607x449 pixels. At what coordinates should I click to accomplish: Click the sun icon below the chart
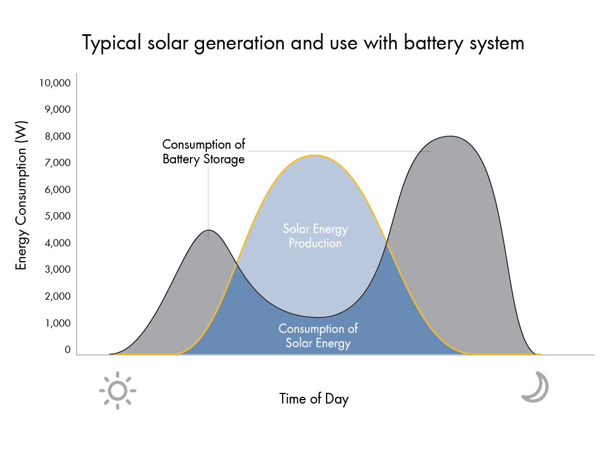click(117, 390)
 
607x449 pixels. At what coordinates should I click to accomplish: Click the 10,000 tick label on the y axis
click(55, 83)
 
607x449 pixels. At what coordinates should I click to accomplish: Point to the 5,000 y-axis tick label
click(57, 216)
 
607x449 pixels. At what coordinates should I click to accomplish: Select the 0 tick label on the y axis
click(67, 350)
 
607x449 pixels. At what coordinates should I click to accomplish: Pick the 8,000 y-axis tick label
click(57, 136)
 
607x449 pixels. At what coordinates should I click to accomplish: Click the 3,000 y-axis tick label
click(57, 269)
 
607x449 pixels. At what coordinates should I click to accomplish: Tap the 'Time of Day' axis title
click(314, 399)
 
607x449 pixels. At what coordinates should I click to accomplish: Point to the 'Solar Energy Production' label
click(315, 236)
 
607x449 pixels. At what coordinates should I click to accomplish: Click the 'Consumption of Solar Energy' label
click(318, 336)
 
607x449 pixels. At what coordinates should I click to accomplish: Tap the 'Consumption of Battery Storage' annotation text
click(204, 152)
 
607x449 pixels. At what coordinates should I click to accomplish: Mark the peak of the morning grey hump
click(209, 230)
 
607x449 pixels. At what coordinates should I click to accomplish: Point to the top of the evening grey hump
click(449, 136)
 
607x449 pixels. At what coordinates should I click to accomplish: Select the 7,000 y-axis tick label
click(57, 163)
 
